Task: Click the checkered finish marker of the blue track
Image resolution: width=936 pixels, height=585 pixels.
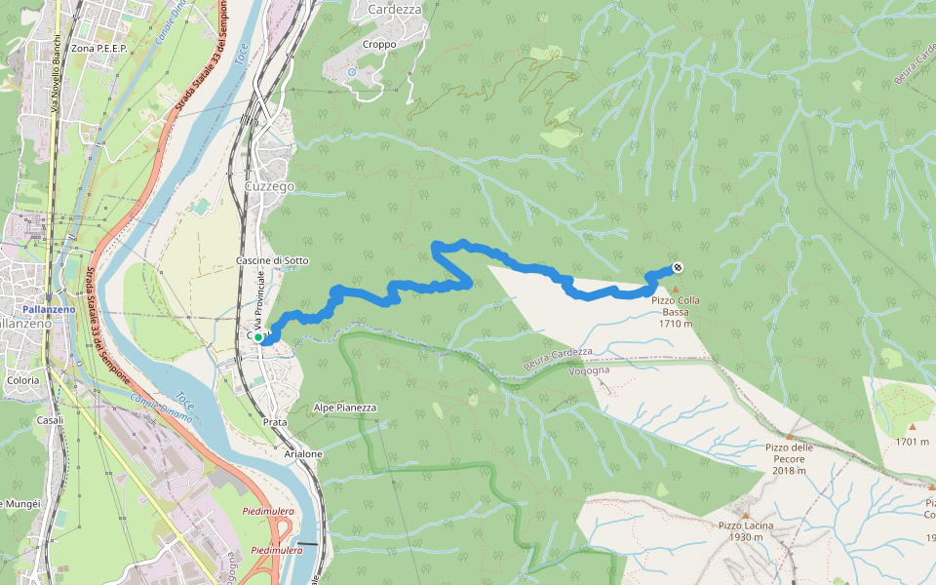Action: [x=677, y=268]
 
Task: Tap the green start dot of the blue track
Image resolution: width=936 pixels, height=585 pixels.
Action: [x=258, y=339]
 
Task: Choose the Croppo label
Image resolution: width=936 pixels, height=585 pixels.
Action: [x=379, y=44]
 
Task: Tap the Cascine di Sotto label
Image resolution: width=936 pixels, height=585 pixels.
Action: [x=272, y=260]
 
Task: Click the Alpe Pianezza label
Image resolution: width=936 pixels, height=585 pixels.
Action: [x=345, y=408]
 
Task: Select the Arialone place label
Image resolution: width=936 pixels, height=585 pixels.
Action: [x=303, y=454]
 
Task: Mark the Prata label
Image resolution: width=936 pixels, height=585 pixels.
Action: [x=275, y=422]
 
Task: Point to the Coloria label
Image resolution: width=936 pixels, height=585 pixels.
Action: [x=22, y=380]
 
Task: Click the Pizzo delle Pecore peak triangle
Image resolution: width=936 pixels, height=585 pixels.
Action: [x=788, y=436]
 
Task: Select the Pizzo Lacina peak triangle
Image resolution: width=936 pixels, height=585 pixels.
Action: [x=746, y=515]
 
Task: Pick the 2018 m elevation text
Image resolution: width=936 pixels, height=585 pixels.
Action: [x=788, y=471]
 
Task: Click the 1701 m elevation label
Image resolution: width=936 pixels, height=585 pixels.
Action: [x=912, y=442]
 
